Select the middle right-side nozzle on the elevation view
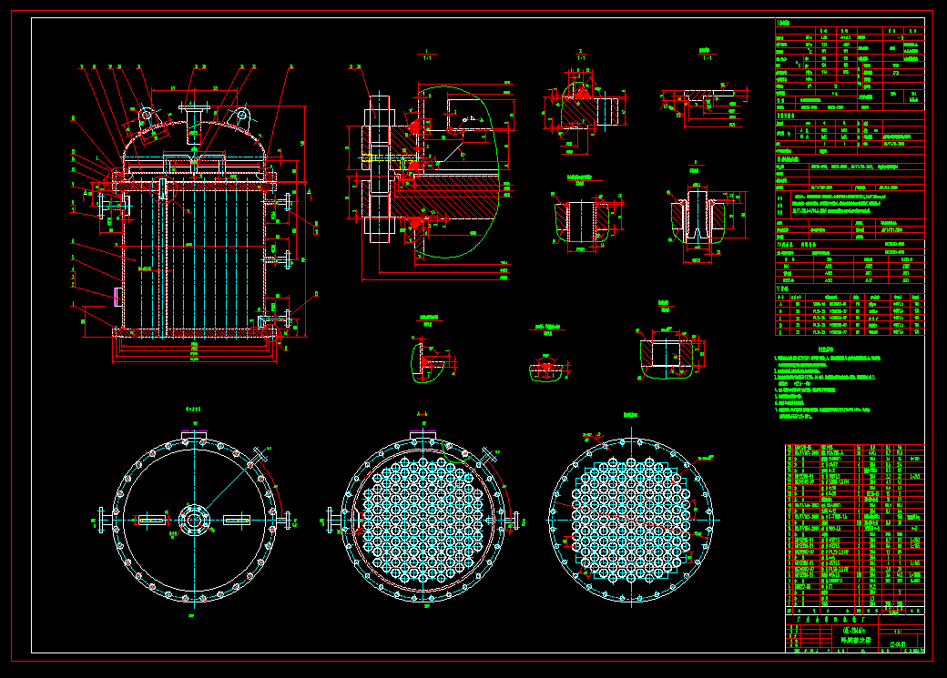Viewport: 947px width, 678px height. click(x=287, y=261)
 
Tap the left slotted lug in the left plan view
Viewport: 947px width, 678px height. click(x=151, y=520)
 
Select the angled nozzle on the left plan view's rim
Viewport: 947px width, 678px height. click(x=262, y=454)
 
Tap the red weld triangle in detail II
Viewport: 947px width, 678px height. click(x=576, y=94)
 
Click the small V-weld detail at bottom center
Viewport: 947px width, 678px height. click(x=547, y=366)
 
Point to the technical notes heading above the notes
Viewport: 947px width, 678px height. click(x=825, y=349)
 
